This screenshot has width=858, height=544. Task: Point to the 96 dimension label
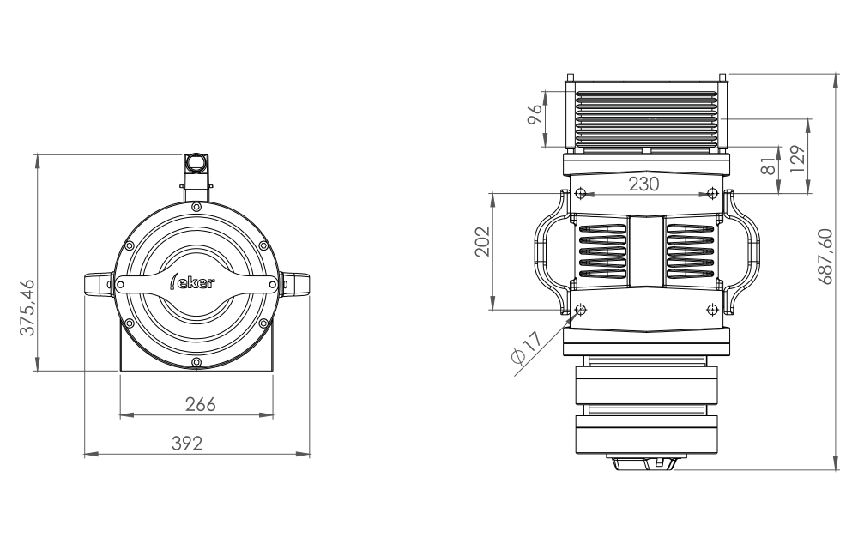[535, 115]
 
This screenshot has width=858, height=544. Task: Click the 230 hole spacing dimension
[643, 184]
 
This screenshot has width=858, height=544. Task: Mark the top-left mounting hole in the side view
[581, 190]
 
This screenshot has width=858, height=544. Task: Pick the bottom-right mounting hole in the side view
[711, 309]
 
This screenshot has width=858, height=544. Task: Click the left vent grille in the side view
[601, 251]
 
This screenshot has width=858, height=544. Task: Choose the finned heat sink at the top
[645, 118]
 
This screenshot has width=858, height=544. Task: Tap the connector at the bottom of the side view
[645, 463]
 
